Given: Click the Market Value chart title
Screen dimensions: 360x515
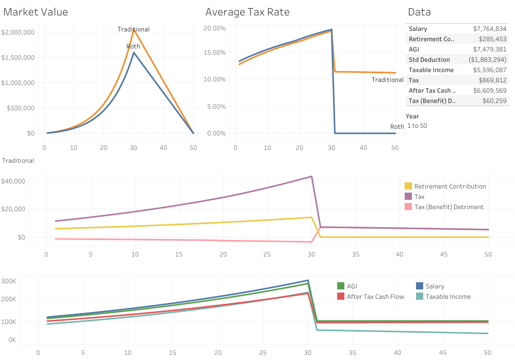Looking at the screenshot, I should [36, 12].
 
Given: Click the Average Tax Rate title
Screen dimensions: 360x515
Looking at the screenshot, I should [247, 12].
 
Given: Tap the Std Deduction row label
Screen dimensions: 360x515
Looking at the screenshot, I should [429, 60].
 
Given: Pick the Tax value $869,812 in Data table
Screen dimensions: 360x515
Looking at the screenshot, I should [493, 80].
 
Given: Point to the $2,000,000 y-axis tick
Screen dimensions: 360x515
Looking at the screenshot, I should [18, 32].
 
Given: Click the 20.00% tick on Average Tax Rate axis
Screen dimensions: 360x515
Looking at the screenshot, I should [215, 28].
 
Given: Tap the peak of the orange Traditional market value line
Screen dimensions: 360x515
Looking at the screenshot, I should [134, 29].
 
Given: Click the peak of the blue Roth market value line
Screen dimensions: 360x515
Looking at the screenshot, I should [134, 52].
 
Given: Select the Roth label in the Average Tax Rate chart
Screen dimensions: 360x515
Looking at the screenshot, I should [397, 127].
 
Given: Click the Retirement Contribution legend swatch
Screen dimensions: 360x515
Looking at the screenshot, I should [408, 186].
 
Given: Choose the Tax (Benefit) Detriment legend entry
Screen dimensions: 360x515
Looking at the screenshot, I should [448, 207].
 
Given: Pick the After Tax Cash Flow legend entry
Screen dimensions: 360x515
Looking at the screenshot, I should [375, 297].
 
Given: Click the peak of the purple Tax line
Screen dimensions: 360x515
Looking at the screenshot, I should [311, 177].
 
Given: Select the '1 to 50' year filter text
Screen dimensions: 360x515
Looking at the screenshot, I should [417, 126].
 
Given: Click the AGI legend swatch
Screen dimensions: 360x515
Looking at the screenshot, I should [340, 286].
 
